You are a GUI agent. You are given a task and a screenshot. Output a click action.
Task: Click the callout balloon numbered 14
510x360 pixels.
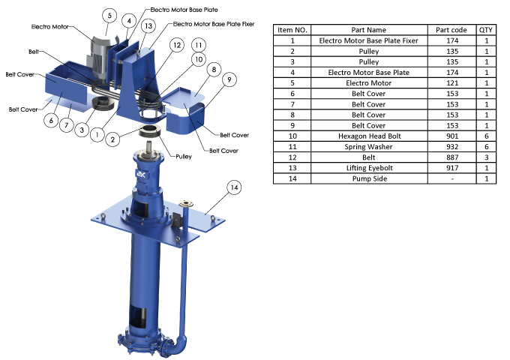(234, 187)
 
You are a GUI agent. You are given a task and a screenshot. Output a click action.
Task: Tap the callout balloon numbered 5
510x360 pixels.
(109, 15)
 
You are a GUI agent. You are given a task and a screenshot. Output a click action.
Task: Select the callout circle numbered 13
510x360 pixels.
(148, 26)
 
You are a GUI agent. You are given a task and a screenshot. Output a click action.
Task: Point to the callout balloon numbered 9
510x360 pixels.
(229, 79)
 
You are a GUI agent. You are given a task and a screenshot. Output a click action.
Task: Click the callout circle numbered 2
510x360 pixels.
(112, 139)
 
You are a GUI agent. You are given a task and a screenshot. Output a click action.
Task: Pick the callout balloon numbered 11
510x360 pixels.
(199, 45)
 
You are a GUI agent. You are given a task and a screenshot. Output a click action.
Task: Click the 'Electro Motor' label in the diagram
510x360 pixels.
(49, 27)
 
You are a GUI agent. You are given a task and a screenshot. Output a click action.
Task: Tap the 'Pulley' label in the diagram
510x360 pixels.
(184, 157)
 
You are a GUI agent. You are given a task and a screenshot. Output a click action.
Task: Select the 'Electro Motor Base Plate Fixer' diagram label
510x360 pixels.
(214, 24)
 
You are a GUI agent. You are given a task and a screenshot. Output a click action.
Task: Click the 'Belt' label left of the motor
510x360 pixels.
(34, 52)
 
